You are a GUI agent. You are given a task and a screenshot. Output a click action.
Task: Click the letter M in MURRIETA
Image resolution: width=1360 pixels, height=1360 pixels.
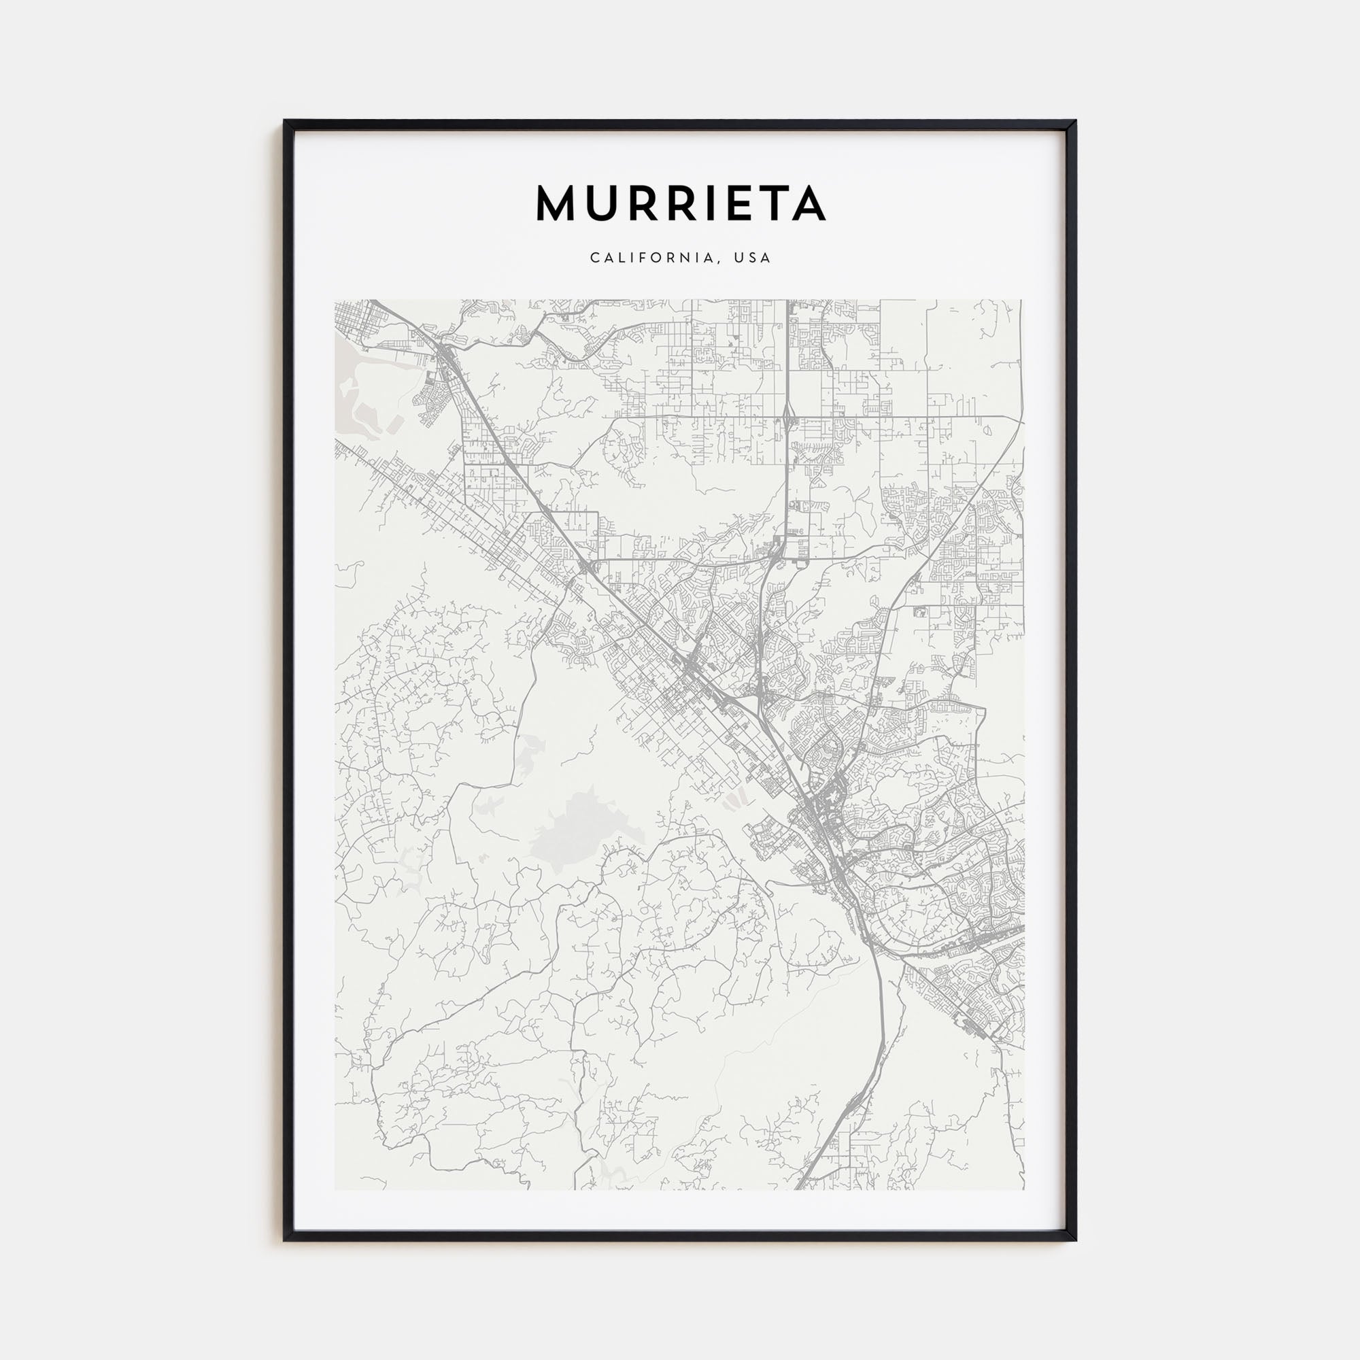(x=557, y=203)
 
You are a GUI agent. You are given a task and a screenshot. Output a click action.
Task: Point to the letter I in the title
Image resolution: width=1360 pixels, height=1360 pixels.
(x=708, y=203)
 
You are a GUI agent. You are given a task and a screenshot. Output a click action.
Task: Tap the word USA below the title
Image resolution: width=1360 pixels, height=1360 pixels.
(x=753, y=258)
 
